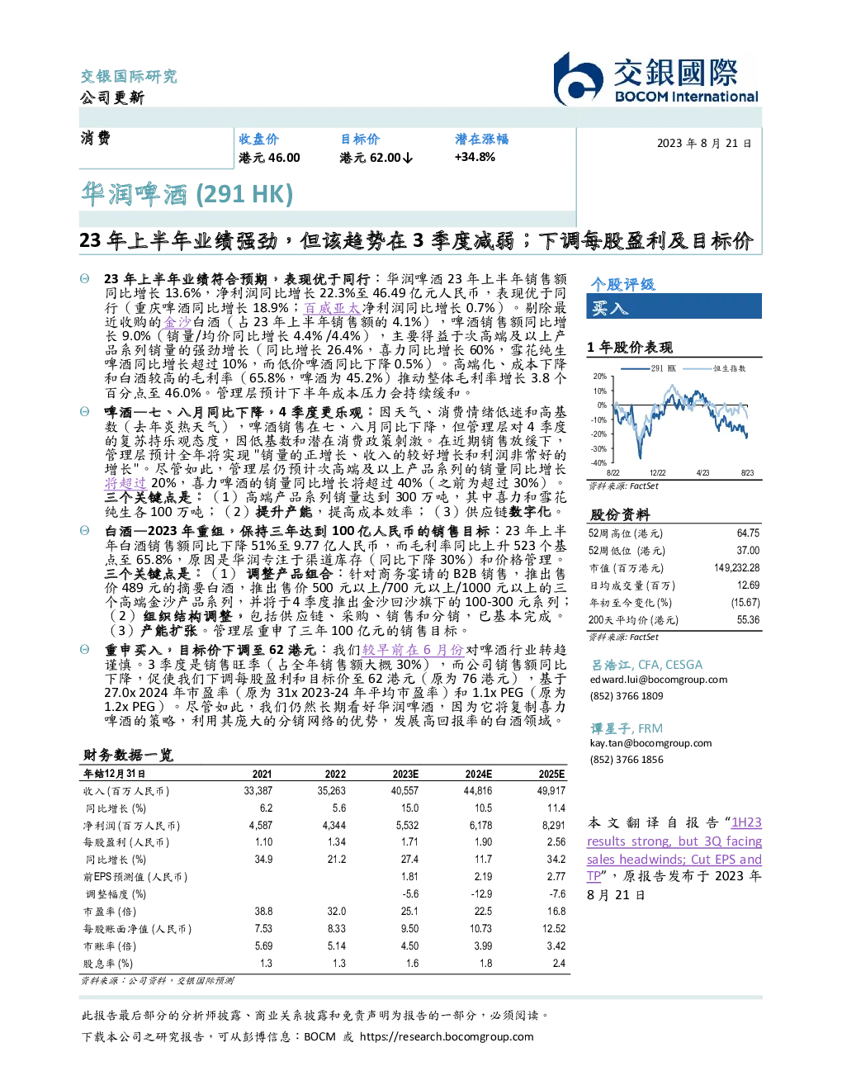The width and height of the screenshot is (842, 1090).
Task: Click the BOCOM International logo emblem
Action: tap(577, 79)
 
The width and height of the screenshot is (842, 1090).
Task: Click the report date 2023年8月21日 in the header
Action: tap(704, 144)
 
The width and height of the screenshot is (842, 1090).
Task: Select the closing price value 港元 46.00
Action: tap(269, 158)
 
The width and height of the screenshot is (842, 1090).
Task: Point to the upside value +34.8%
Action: tap(475, 158)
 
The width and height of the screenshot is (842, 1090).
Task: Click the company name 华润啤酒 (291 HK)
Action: tap(187, 195)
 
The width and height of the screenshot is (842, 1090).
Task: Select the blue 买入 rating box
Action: tap(674, 306)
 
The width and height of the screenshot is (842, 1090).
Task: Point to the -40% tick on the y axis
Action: tap(599, 463)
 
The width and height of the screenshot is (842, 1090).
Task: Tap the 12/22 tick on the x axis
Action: tap(657, 473)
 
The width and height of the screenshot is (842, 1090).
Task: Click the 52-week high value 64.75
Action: tap(748, 533)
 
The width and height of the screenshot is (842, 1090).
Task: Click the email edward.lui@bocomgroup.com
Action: tap(659, 680)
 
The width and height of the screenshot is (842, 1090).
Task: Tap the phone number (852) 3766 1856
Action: tap(627, 760)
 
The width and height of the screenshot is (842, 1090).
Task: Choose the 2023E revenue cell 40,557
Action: tap(404, 790)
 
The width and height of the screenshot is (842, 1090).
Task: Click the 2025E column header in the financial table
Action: tap(551, 774)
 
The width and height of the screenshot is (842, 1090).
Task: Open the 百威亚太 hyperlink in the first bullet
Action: tap(332, 307)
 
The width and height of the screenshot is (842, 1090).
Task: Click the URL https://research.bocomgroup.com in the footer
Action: tap(447, 1037)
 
